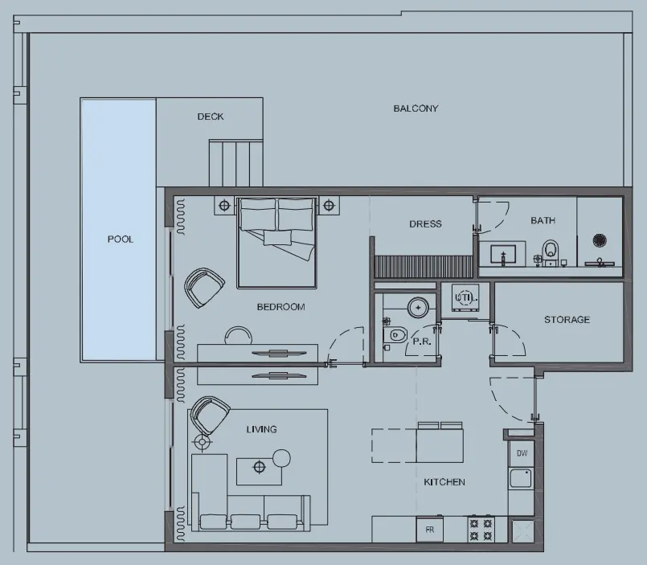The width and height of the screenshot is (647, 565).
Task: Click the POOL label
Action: pyautogui.click(x=121, y=240)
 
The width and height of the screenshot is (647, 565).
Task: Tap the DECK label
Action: pyautogui.click(x=211, y=117)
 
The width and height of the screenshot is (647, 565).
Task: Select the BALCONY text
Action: pyautogui.click(x=416, y=108)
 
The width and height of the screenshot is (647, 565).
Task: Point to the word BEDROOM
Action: pyautogui.click(x=281, y=307)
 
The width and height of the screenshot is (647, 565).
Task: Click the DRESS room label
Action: pyautogui.click(x=425, y=224)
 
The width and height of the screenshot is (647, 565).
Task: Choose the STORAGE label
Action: pyautogui.click(x=567, y=320)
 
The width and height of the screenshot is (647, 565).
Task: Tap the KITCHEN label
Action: pyautogui.click(x=444, y=482)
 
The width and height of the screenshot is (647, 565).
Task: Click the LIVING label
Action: pyautogui.click(x=261, y=429)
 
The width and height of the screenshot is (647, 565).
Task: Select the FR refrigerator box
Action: pyautogui.click(x=429, y=530)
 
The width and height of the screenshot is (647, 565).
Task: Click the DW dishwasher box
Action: pyautogui.click(x=522, y=453)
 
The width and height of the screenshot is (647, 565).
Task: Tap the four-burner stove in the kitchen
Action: pyautogui.click(x=481, y=529)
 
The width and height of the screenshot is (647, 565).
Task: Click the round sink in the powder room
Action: pyautogui.click(x=418, y=306)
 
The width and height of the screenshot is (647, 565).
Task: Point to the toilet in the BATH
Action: pyautogui.click(x=551, y=250)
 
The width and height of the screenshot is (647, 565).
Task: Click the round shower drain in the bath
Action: pyautogui.click(x=600, y=240)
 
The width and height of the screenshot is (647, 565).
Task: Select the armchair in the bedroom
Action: pyautogui.click(x=204, y=287)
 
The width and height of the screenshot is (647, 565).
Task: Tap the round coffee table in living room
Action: pyautogui.click(x=281, y=458)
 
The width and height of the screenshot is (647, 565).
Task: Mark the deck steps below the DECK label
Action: pyautogui.click(x=235, y=162)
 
